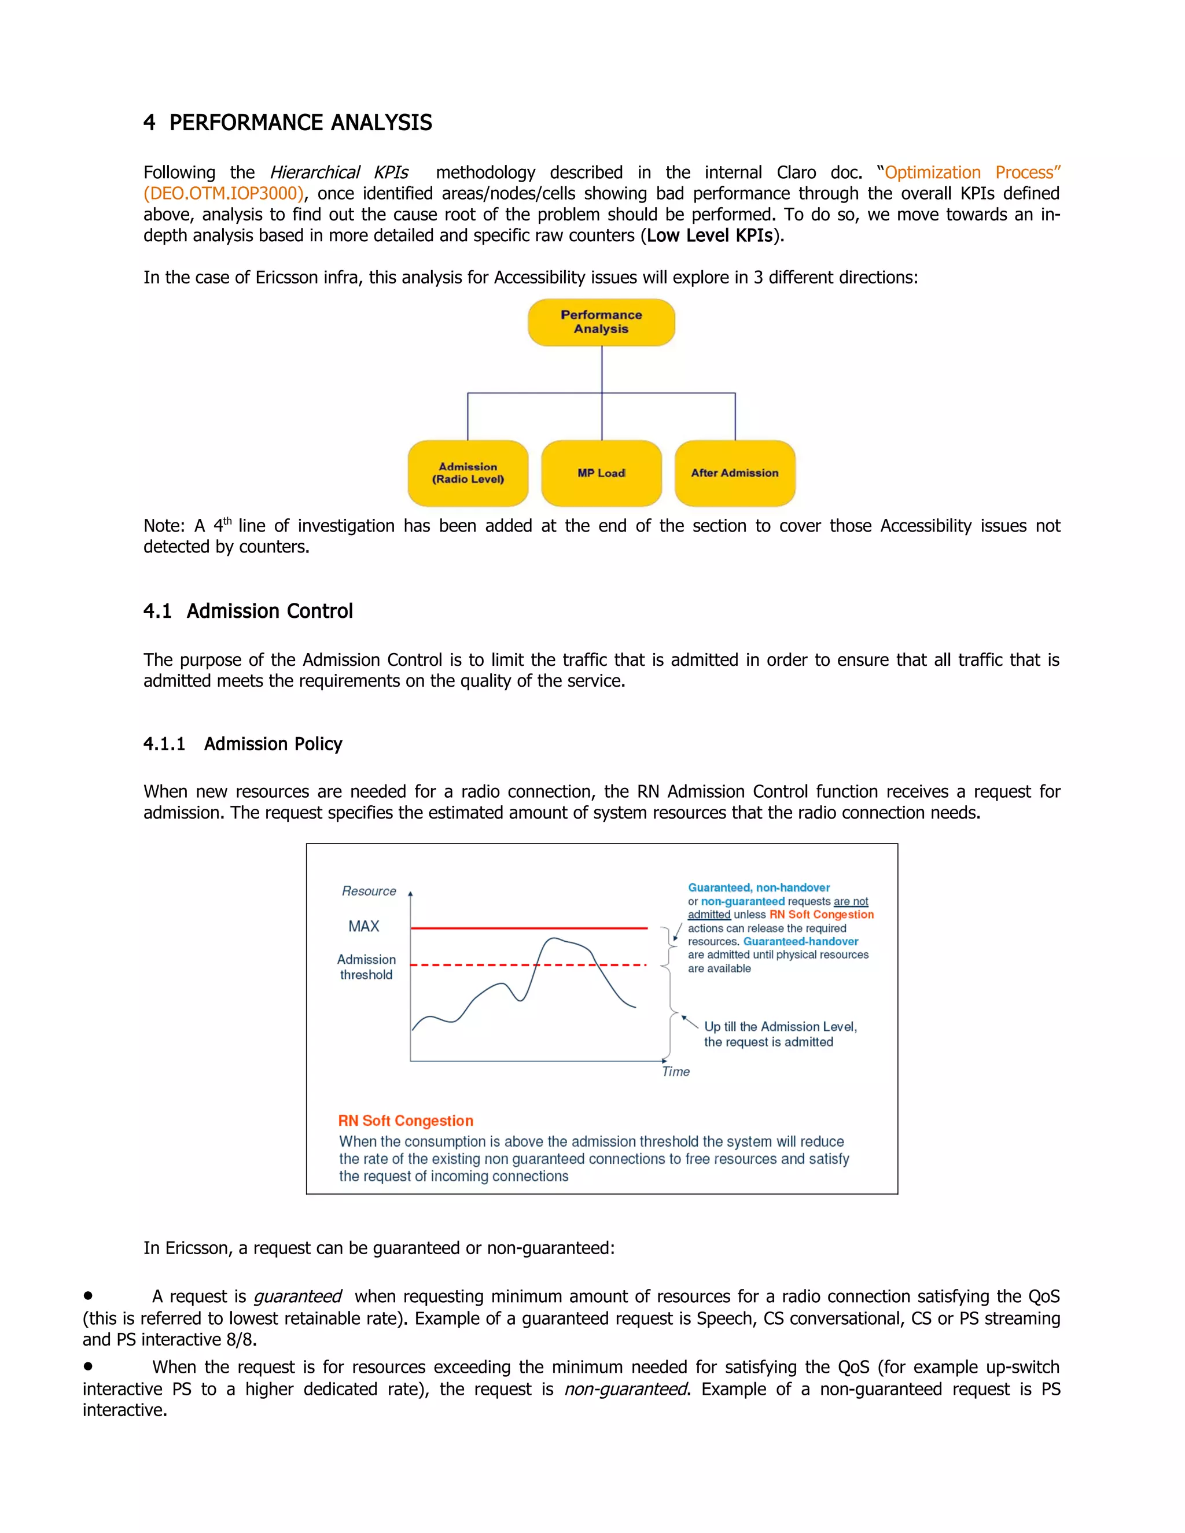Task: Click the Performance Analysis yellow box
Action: pyautogui.click(x=601, y=322)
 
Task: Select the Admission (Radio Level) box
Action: pyautogui.click(x=468, y=473)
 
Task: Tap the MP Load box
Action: pyautogui.click(x=601, y=473)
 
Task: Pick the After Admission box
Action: pyautogui.click(x=734, y=473)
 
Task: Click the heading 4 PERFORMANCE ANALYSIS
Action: pyautogui.click(x=287, y=123)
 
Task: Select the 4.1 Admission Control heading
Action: pyautogui.click(x=248, y=611)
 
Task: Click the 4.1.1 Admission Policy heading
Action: pyautogui.click(x=243, y=743)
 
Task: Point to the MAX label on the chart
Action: pyautogui.click(x=363, y=927)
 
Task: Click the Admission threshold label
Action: pyautogui.click(x=366, y=967)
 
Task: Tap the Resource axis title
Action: pyautogui.click(x=369, y=891)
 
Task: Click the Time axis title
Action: pyautogui.click(x=675, y=1071)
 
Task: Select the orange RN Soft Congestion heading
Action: pyautogui.click(x=405, y=1121)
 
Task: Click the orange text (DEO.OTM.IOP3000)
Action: pyautogui.click(x=223, y=194)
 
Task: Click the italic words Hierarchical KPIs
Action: pyautogui.click(x=338, y=172)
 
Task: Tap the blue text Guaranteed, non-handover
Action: pyautogui.click(x=758, y=887)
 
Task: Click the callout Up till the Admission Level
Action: pyautogui.click(x=780, y=1026)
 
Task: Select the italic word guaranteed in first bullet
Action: pyautogui.click(x=297, y=1296)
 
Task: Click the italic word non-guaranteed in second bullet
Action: pyautogui.click(x=625, y=1389)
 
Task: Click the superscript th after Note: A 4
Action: pyautogui.click(x=227, y=521)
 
